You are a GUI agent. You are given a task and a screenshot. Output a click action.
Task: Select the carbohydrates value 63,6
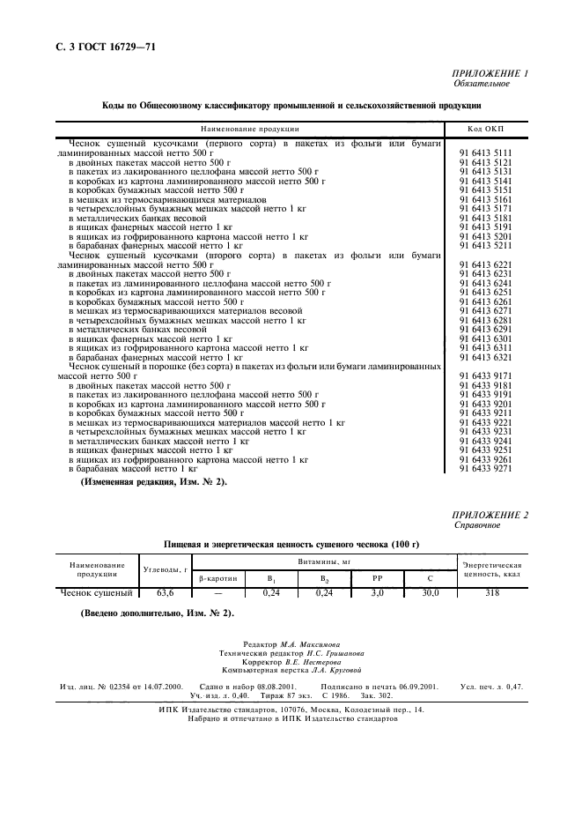[166, 593]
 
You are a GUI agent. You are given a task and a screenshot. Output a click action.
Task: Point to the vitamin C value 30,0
[430, 593]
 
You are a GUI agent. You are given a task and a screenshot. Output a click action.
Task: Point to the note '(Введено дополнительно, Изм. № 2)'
[156, 612]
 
